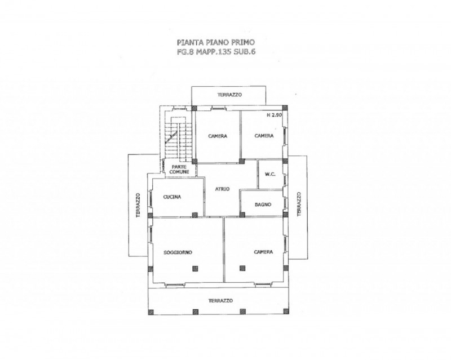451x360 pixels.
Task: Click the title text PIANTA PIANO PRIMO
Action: [x=216, y=43]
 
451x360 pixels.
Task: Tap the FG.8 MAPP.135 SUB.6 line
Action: [x=216, y=52]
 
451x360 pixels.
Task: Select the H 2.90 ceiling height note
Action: [x=275, y=115]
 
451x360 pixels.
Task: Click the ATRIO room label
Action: [x=223, y=189]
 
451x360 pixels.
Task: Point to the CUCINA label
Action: [x=172, y=197]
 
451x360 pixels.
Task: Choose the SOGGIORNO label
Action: [x=178, y=252]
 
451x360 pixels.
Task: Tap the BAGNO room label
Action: [x=263, y=205]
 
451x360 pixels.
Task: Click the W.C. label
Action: [x=270, y=174]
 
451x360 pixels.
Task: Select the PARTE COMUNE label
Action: [x=179, y=169]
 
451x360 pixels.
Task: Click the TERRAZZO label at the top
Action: [x=229, y=95]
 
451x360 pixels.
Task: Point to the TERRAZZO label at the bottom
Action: [x=220, y=301]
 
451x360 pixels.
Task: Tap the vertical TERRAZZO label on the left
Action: [x=138, y=205]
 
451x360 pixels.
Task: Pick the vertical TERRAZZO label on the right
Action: [x=299, y=204]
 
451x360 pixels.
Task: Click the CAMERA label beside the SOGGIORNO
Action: [x=263, y=252]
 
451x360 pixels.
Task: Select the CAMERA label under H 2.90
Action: [x=264, y=136]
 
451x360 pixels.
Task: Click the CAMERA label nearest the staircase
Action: [x=218, y=136]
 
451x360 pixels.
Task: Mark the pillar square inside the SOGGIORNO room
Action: [x=195, y=268]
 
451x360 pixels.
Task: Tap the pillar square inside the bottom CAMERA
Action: [x=242, y=268]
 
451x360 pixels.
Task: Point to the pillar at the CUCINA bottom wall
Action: [x=195, y=215]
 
